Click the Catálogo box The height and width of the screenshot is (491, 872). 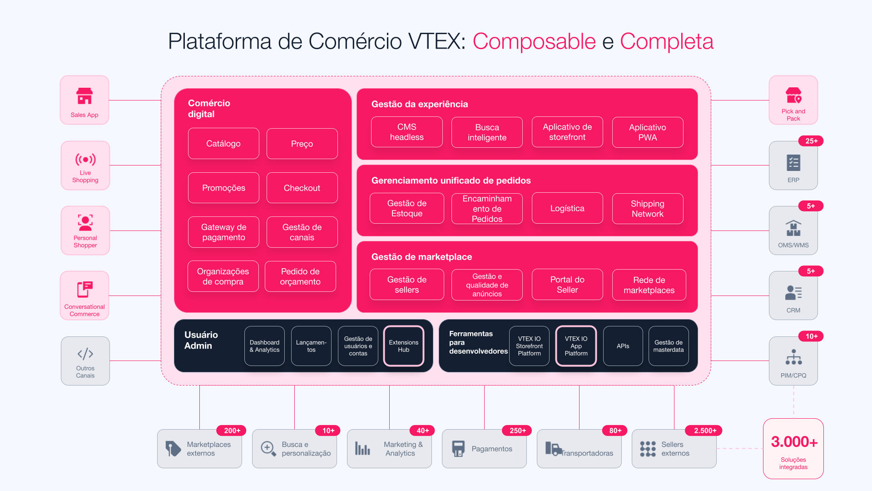pyautogui.click(x=223, y=144)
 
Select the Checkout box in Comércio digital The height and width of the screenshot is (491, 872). pyautogui.click(x=302, y=188)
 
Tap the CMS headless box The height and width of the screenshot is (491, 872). pyautogui.click(x=406, y=132)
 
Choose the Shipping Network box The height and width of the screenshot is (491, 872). pyautogui.click(x=648, y=209)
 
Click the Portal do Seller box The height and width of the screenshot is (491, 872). pyautogui.click(x=567, y=285)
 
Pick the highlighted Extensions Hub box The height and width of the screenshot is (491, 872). pyautogui.click(x=404, y=346)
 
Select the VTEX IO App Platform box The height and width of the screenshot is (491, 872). pyautogui.click(x=576, y=346)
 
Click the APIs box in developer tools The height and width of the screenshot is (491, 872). pyautogui.click(x=623, y=346)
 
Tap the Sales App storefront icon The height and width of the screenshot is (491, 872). pyautogui.click(x=84, y=96)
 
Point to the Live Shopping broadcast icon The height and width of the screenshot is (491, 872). pyautogui.click(x=85, y=160)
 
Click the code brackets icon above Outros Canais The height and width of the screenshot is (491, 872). pyautogui.click(x=85, y=354)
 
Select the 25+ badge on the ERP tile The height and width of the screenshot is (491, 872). pyautogui.click(x=811, y=141)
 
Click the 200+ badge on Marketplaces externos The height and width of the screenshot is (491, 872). pyautogui.click(x=232, y=431)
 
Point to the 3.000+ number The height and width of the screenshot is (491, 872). pyautogui.click(x=794, y=441)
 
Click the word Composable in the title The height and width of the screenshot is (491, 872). pyautogui.click(x=534, y=41)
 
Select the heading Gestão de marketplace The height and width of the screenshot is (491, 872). pyautogui.click(x=421, y=257)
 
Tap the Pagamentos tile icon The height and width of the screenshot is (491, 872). pyautogui.click(x=458, y=449)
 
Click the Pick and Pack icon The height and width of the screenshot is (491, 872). pyautogui.click(x=793, y=95)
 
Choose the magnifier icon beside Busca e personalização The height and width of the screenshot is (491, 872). pyautogui.click(x=268, y=449)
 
